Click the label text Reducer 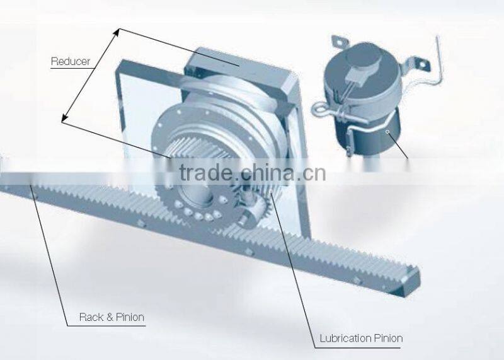coord(71,62)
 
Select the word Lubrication coord(343,339)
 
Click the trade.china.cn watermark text coord(252,171)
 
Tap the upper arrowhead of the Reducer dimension coord(118,32)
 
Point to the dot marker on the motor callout coord(389,132)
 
